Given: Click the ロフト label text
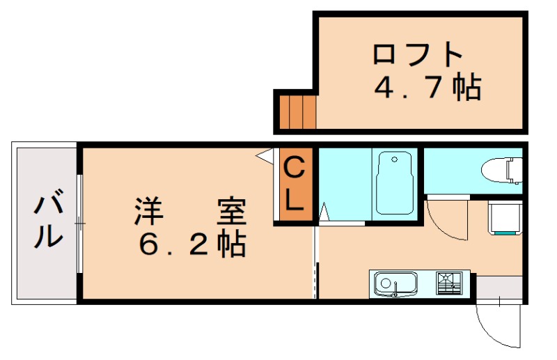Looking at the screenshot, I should point(418,54).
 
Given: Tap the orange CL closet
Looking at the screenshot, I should point(295,185).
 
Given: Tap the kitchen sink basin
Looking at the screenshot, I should point(395,284).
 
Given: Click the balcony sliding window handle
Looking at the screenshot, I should point(79,224).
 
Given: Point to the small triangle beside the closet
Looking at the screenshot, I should point(265,156).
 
